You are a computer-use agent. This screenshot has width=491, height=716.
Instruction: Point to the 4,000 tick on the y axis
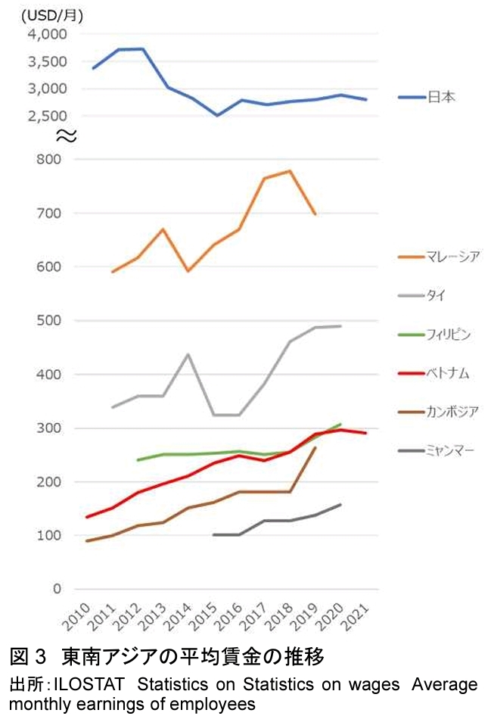point(47,35)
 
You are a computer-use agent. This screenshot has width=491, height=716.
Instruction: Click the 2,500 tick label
point(47,116)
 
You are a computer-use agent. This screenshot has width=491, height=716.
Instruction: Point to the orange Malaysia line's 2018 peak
point(290,171)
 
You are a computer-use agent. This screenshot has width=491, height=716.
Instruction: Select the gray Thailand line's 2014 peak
point(188,354)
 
